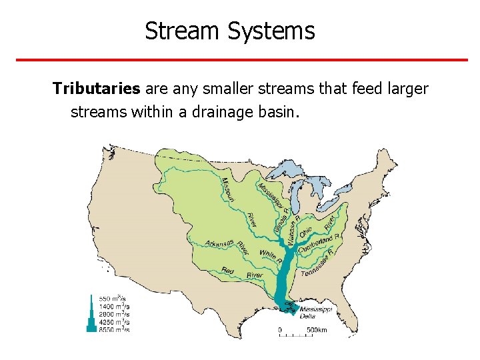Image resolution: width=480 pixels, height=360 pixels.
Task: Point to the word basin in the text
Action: [279, 111]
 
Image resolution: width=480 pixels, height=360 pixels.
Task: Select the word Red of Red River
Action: [228, 271]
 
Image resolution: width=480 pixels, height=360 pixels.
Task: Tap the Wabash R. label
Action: [294, 231]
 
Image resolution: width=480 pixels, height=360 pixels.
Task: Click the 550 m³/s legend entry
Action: [115, 298]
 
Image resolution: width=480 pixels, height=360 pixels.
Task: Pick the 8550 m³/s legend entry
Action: [115, 329]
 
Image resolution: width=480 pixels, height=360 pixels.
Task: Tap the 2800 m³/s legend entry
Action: [115, 313]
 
